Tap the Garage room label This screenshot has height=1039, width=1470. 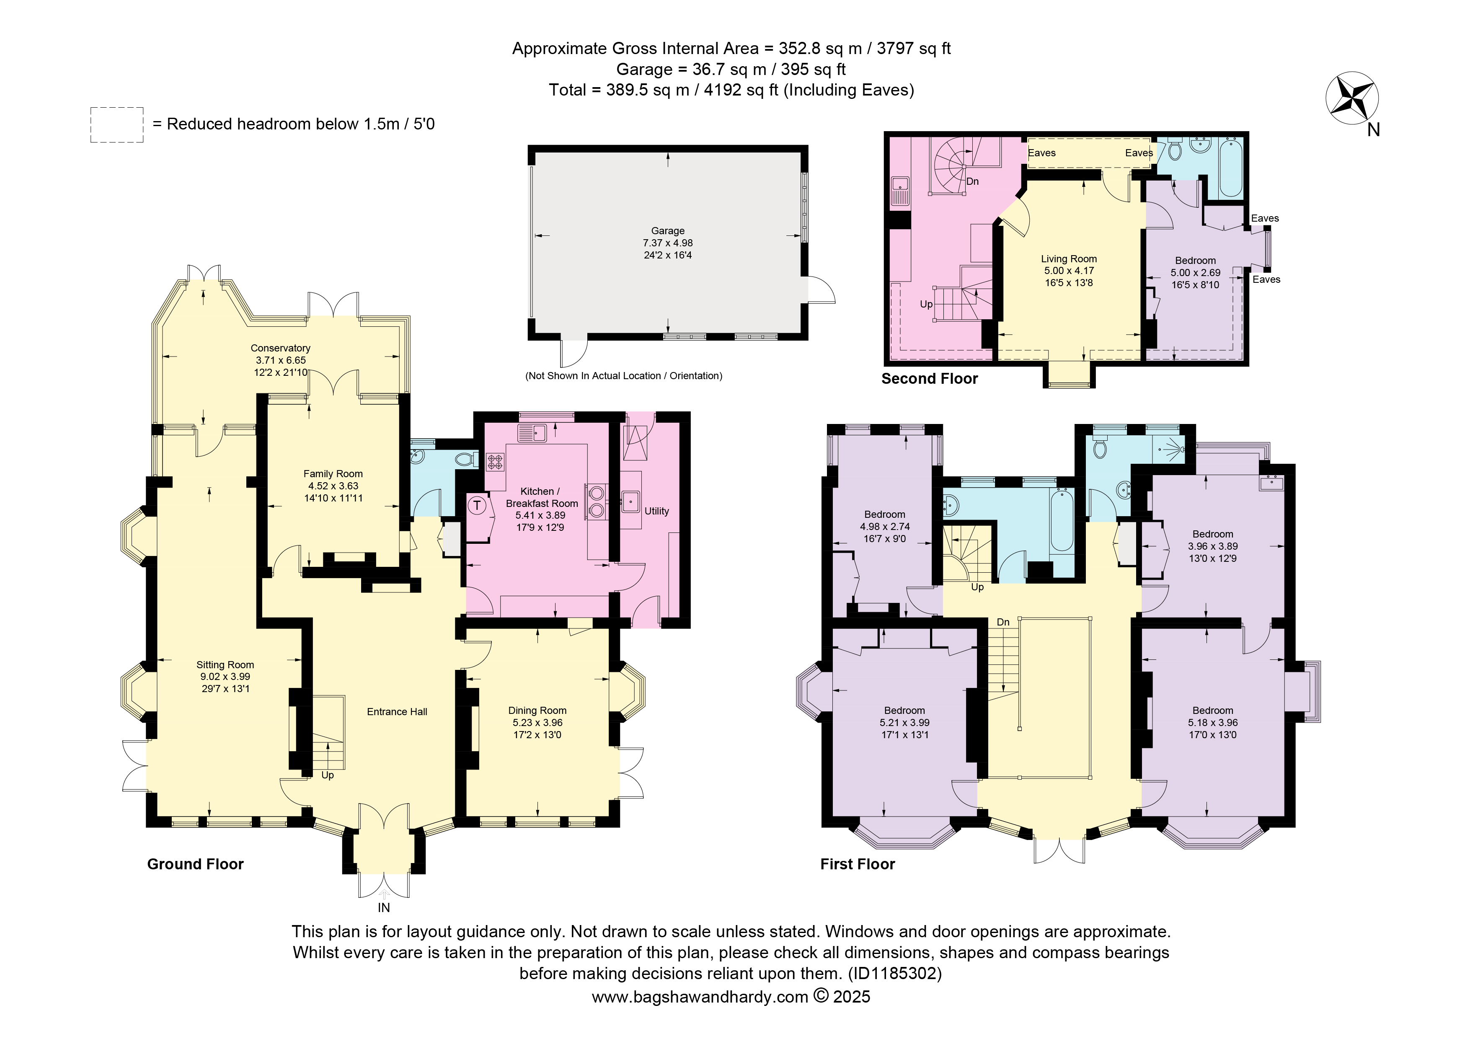668,230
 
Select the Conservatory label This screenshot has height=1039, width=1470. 280,348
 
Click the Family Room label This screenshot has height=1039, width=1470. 333,474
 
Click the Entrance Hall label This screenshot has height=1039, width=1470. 397,712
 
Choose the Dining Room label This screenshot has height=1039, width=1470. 537,711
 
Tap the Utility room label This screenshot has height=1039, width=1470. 657,511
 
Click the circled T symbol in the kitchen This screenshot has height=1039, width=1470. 477,505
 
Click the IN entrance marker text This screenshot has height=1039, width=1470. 383,908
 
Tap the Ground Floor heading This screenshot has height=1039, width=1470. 195,864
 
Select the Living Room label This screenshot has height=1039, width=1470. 1069,258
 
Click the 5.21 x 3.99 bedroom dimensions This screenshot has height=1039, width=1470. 905,723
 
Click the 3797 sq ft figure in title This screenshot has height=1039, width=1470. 914,49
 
